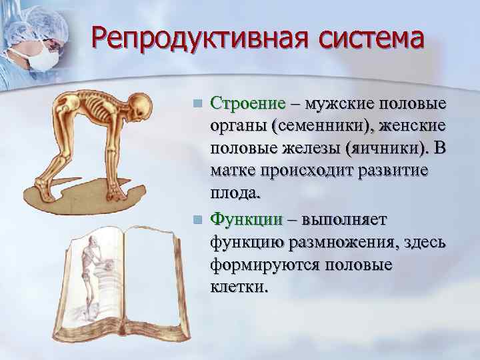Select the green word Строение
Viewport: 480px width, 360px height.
pyautogui.click(x=247, y=105)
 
